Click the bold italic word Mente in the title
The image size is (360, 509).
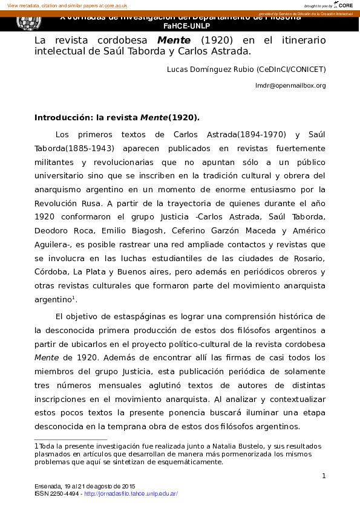pos(170,40)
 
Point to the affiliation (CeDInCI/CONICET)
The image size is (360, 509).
pos(291,70)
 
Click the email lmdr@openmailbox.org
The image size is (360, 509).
pos(290,86)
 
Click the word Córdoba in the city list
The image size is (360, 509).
pos(51,273)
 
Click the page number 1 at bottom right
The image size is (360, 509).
pos(324,476)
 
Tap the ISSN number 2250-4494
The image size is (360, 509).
pos(64,494)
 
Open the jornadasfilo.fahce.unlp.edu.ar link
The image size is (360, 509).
pos(131,494)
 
